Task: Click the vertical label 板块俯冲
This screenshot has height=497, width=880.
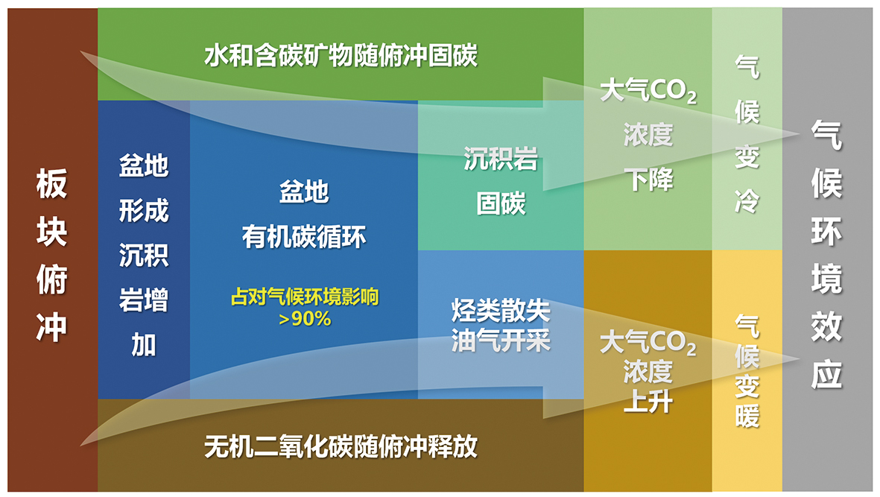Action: point(51,255)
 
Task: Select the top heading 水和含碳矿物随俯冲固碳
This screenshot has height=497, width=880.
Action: point(341,56)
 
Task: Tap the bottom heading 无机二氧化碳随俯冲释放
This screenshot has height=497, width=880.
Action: point(341,446)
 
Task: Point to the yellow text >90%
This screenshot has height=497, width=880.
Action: point(305,319)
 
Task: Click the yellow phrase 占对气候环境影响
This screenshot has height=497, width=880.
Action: point(305,297)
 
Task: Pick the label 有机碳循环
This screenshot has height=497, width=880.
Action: point(304,237)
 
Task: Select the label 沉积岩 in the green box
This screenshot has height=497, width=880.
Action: point(501,159)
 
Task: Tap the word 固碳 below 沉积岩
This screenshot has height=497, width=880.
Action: point(501,203)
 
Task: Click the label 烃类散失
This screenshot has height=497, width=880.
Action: point(501,311)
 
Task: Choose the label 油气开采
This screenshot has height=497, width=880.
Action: point(501,341)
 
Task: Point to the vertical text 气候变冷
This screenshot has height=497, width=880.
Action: point(747,134)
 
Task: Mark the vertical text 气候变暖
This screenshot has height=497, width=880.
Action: point(747,371)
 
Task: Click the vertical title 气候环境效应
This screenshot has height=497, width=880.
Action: point(826,255)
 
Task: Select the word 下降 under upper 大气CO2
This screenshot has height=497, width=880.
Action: point(648,180)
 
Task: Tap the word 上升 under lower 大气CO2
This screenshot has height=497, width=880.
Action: point(648,402)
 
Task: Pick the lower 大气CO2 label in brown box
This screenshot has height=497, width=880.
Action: point(648,342)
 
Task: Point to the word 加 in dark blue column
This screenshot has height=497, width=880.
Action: point(144,345)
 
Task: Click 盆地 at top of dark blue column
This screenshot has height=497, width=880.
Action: point(144,166)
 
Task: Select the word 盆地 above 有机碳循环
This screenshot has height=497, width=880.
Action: point(304,191)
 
